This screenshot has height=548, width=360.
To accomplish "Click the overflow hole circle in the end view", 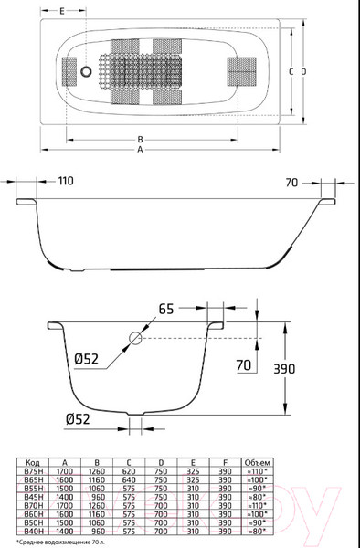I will (135, 339).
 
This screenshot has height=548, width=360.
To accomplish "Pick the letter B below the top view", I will (139, 139).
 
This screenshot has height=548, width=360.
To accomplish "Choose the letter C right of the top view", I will (290, 70).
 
